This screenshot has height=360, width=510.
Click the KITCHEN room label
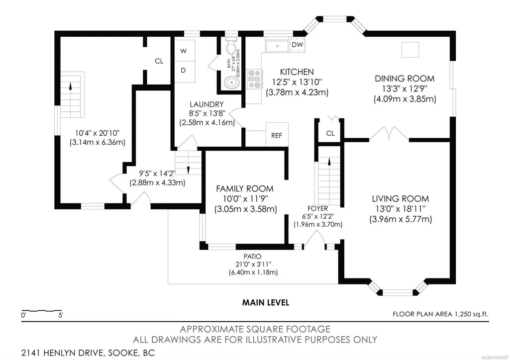297,72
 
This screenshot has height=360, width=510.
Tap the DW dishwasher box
297,45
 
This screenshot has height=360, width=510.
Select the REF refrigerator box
277,135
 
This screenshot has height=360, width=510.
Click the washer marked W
184,51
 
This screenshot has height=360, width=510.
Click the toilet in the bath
231,45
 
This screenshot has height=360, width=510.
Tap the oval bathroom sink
231,83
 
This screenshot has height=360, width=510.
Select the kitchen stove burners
255,79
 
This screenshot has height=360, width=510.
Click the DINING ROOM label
405,79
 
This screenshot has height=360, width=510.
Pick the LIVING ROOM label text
401,198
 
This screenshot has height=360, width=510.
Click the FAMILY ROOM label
245,188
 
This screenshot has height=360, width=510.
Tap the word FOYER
317,208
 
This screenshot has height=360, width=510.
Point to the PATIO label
252,257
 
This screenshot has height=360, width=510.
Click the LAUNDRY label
206,104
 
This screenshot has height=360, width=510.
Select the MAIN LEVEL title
265,303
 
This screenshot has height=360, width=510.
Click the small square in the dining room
410,50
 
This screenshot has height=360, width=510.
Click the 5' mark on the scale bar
61,315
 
